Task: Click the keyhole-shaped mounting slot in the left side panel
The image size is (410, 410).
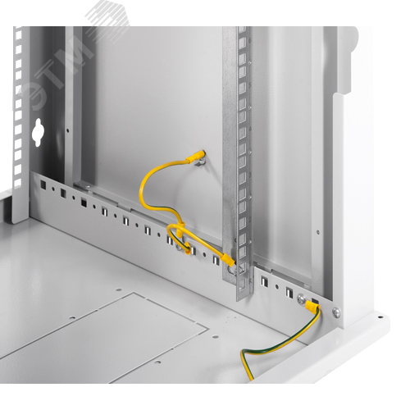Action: pyautogui.click(x=36, y=132)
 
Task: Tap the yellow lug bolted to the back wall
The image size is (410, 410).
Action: pyautogui.click(x=195, y=156)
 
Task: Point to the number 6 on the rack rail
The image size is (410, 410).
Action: pyautogui.click(x=250, y=40)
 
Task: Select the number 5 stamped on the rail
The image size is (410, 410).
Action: pyautogui.click(x=250, y=85)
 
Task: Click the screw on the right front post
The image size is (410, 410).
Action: pyautogui.click(x=336, y=312)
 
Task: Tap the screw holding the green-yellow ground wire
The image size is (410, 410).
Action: pyautogui.click(x=302, y=298)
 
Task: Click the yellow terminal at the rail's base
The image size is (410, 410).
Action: pyautogui.click(x=228, y=259)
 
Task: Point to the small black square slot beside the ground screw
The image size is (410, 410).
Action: pyautogui.click(x=315, y=301)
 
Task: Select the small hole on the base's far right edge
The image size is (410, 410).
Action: pyautogui.click(x=380, y=317)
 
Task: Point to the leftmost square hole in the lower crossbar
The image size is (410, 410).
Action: pyautogui.click(x=43, y=184)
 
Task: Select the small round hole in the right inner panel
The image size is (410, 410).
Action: pyautogui.click(x=317, y=232)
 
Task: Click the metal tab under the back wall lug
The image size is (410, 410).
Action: pyautogui.click(x=198, y=163)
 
